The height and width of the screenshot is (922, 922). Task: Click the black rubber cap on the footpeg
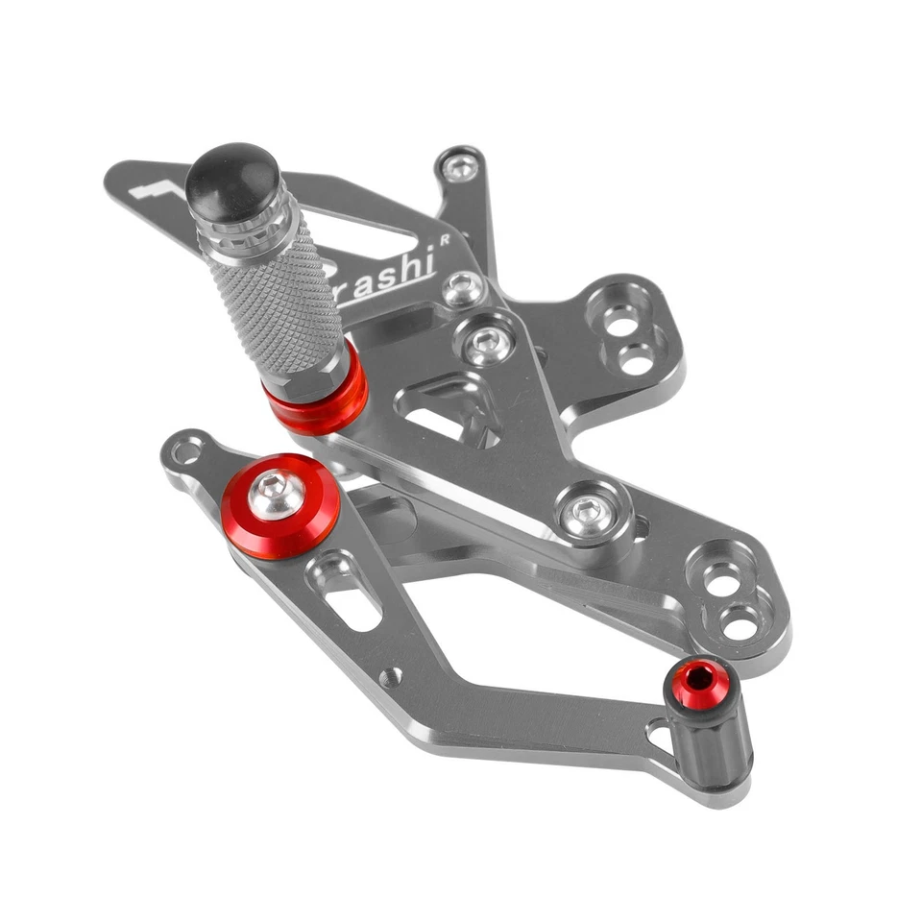click(x=232, y=182)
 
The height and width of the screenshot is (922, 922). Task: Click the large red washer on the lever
click(x=280, y=506)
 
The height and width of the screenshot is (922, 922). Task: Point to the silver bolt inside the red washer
click(x=278, y=495)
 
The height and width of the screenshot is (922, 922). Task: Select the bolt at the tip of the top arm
click(x=460, y=168)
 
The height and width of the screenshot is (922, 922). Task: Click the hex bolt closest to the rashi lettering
click(x=464, y=287)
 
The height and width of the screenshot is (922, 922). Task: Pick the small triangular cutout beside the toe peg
click(x=661, y=735)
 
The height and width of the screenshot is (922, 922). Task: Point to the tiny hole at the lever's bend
click(x=390, y=677)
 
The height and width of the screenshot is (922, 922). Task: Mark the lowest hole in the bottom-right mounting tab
click(x=740, y=627)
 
